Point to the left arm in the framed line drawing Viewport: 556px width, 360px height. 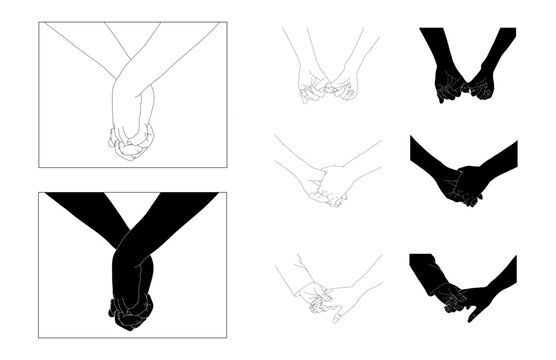(x=85, y=50)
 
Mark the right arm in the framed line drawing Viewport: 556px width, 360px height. (x=180, y=55)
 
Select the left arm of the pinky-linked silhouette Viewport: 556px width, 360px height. (x=436, y=50)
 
